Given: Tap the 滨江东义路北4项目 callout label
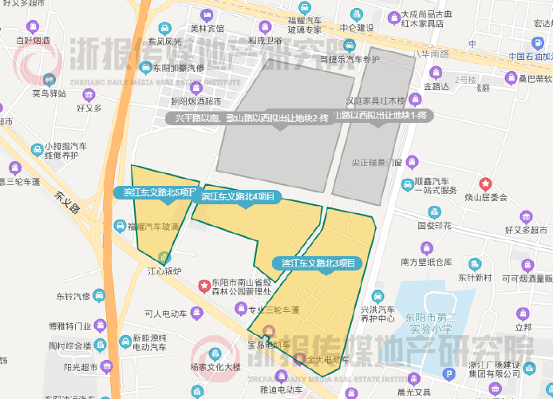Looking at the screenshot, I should (237, 196).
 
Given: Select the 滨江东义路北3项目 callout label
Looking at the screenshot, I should (318, 263).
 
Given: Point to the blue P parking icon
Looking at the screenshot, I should (448, 373).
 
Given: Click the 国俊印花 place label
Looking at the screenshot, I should (434, 226).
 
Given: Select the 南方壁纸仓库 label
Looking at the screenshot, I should (426, 262).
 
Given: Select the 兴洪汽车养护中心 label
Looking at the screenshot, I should (377, 313).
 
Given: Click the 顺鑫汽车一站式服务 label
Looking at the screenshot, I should (436, 186).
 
